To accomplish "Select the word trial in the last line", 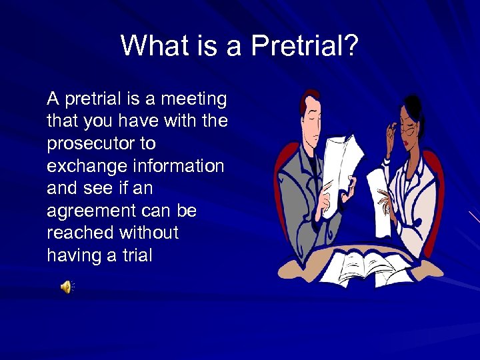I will pyautogui.click(x=137, y=255).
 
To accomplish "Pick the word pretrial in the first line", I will pyautogui.click(x=94, y=99).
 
